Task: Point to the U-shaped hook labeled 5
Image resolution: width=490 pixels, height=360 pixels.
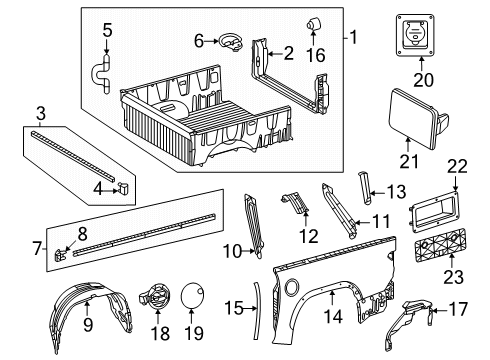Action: click(x=103, y=72)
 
